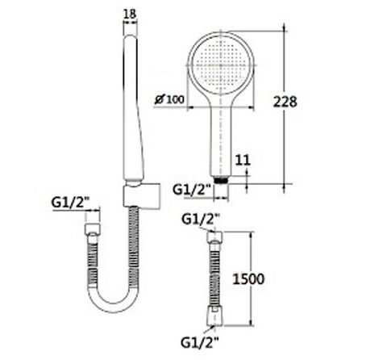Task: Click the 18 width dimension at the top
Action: coord(131,11)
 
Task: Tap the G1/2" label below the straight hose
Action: coord(198,342)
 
